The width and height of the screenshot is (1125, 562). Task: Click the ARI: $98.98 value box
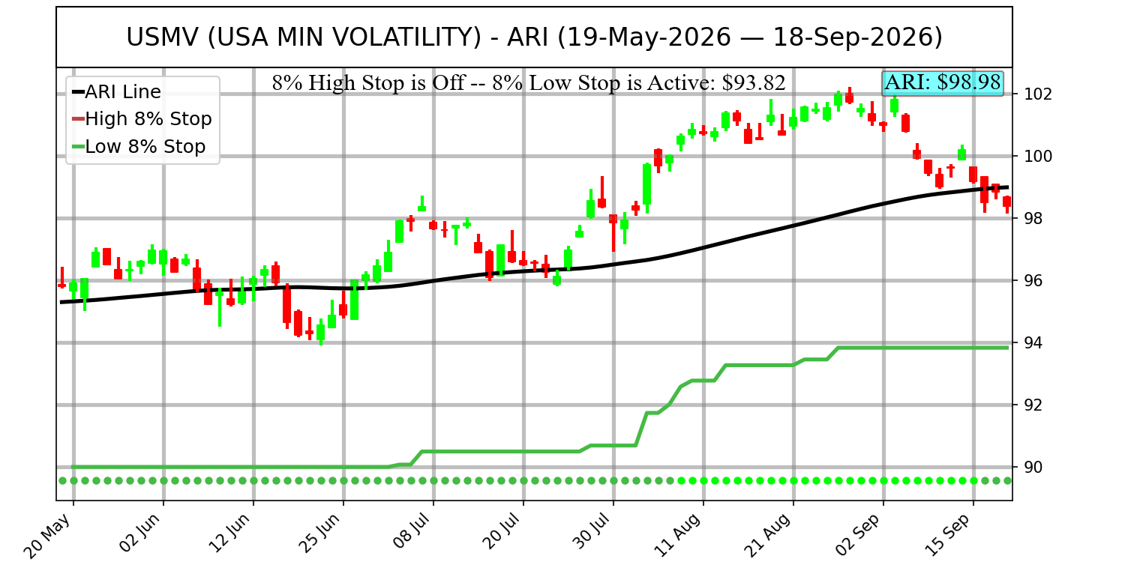point(943,83)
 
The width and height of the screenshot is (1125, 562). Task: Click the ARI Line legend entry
point(116,92)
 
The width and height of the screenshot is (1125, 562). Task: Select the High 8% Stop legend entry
point(142,119)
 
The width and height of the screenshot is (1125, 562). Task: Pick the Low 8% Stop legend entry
point(139,147)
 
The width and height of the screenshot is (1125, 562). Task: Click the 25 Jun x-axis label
point(320,534)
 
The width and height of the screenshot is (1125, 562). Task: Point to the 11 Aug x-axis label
point(679,535)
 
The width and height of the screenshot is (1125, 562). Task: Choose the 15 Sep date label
point(949,535)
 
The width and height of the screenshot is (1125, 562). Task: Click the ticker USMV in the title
point(163,37)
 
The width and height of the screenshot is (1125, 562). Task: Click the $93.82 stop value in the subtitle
point(753,83)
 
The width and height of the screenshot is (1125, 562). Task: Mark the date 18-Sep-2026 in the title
point(858,37)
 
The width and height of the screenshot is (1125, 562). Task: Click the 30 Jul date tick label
point(591,533)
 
